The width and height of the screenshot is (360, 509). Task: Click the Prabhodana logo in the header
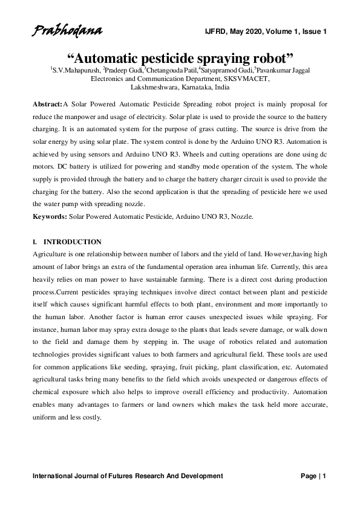point(67,30)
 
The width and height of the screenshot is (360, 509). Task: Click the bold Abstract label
point(47,105)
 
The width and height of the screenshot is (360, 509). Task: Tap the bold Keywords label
point(50,216)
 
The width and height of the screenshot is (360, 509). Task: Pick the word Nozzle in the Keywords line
point(241,216)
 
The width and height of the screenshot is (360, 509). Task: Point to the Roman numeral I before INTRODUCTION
point(34,242)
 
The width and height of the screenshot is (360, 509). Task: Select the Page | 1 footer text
point(313,476)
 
